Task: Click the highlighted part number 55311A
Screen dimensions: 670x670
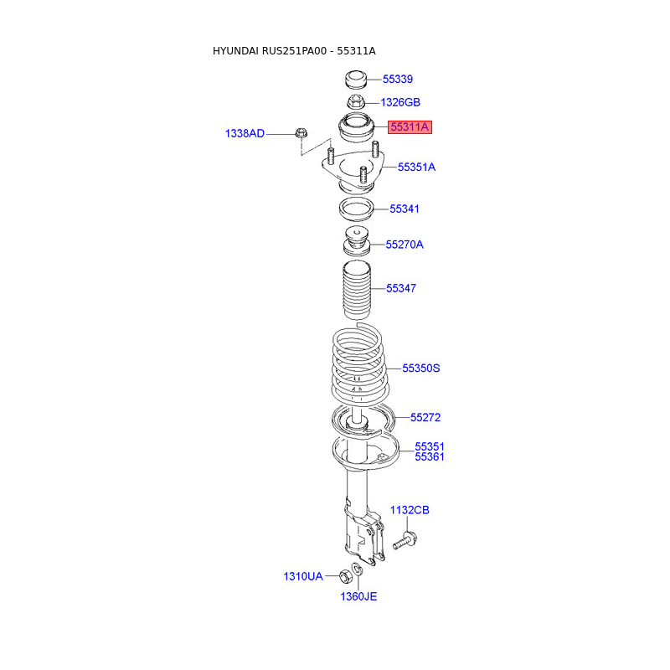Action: tap(410, 127)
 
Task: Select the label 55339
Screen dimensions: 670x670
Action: tap(397, 79)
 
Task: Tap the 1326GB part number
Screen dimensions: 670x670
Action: tap(400, 102)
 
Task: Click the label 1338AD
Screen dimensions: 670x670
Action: tap(245, 134)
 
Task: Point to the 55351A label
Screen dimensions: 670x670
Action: tap(416, 167)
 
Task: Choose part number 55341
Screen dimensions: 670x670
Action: tap(405, 209)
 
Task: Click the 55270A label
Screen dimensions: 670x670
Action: tap(405, 245)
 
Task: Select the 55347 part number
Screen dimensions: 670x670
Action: tap(401, 288)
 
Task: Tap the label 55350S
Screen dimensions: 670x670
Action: tap(421, 368)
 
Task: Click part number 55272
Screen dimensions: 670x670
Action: tap(425, 417)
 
